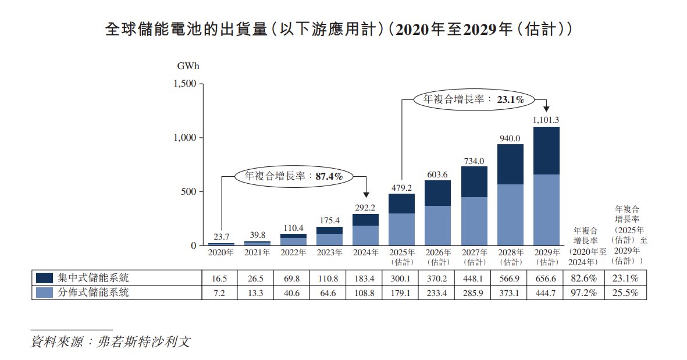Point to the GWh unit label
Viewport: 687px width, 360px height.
pos(188,66)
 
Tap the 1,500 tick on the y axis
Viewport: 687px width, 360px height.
pos(186,84)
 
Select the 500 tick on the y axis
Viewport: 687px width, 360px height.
pos(190,192)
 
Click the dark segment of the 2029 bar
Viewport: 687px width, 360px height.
pos(546,151)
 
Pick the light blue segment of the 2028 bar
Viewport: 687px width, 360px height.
pos(510,215)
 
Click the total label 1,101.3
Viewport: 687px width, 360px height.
pos(546,120)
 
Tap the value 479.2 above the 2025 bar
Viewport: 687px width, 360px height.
pos(401,188)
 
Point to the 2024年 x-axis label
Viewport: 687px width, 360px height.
pos(365,252)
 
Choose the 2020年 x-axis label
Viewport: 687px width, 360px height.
pos(221,252)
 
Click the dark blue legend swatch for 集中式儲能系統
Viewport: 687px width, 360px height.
pos(45,277)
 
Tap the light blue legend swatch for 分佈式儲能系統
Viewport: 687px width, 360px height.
pos(45,293)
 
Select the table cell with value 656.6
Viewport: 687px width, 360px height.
pos(546,277)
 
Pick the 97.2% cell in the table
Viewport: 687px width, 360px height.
pos(585,293)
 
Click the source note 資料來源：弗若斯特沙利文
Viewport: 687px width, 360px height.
pos(111,341)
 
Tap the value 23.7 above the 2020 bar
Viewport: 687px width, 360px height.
pos(221,237)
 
